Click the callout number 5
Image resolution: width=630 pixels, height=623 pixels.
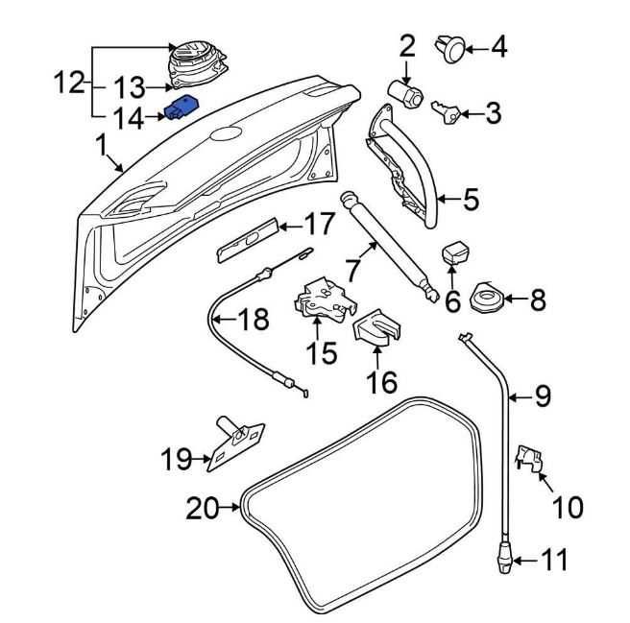[471, 200]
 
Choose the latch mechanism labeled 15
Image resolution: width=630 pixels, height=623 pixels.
[322, 297]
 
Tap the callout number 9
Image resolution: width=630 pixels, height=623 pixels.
[544, 395]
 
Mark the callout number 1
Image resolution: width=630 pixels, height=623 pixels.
[101, 146]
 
